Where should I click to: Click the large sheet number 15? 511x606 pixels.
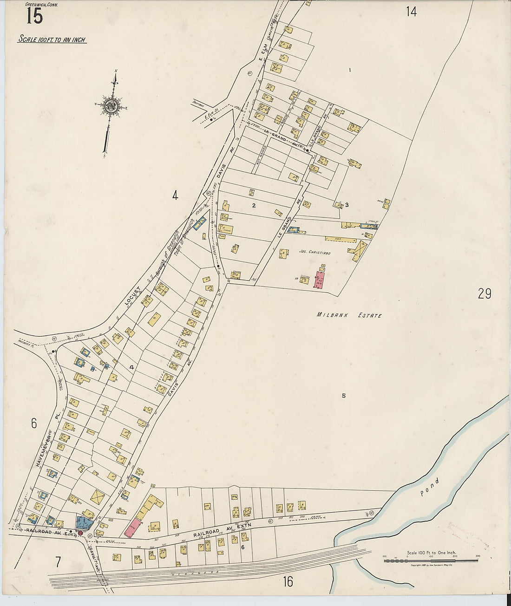(34, 16)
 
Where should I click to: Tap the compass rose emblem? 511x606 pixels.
(111, 105)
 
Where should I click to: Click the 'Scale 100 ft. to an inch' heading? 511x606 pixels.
(52, 39)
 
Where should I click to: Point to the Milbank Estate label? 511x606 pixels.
(349, 315)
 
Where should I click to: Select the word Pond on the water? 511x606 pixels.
(429, 487)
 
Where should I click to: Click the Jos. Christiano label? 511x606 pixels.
(314, 253)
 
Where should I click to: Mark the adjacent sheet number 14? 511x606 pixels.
(411, 12)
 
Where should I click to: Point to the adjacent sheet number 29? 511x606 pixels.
(484, 293)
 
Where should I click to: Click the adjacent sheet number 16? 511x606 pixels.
(288, 581)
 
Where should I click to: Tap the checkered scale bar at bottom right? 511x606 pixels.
(431, 560)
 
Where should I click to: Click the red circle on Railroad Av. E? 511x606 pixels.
(80, 533)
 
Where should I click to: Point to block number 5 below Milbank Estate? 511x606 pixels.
(344, 396)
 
